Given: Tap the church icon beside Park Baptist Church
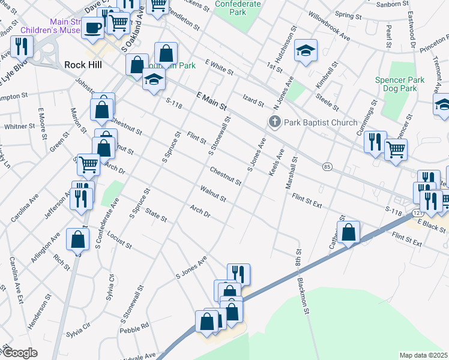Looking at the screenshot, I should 275,122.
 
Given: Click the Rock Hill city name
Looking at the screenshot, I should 83,65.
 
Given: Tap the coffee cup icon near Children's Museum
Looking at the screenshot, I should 93,28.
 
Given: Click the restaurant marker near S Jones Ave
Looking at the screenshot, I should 238,274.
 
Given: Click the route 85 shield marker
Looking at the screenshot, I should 327,166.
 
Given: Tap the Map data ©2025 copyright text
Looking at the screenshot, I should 423,355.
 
